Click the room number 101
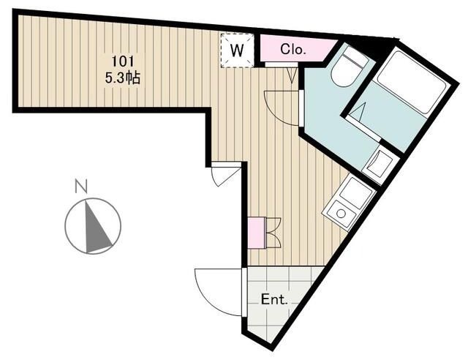coord(122,61)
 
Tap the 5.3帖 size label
coord(122,76)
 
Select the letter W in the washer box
coord(238,50)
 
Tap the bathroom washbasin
coord(380,162)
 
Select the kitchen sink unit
coord(357,193)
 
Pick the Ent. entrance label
coord(273,299)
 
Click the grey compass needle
coord(98,228)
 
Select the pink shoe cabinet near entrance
coord(256,233)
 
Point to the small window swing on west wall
coord(224,176)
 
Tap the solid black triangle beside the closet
coord(366,45)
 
